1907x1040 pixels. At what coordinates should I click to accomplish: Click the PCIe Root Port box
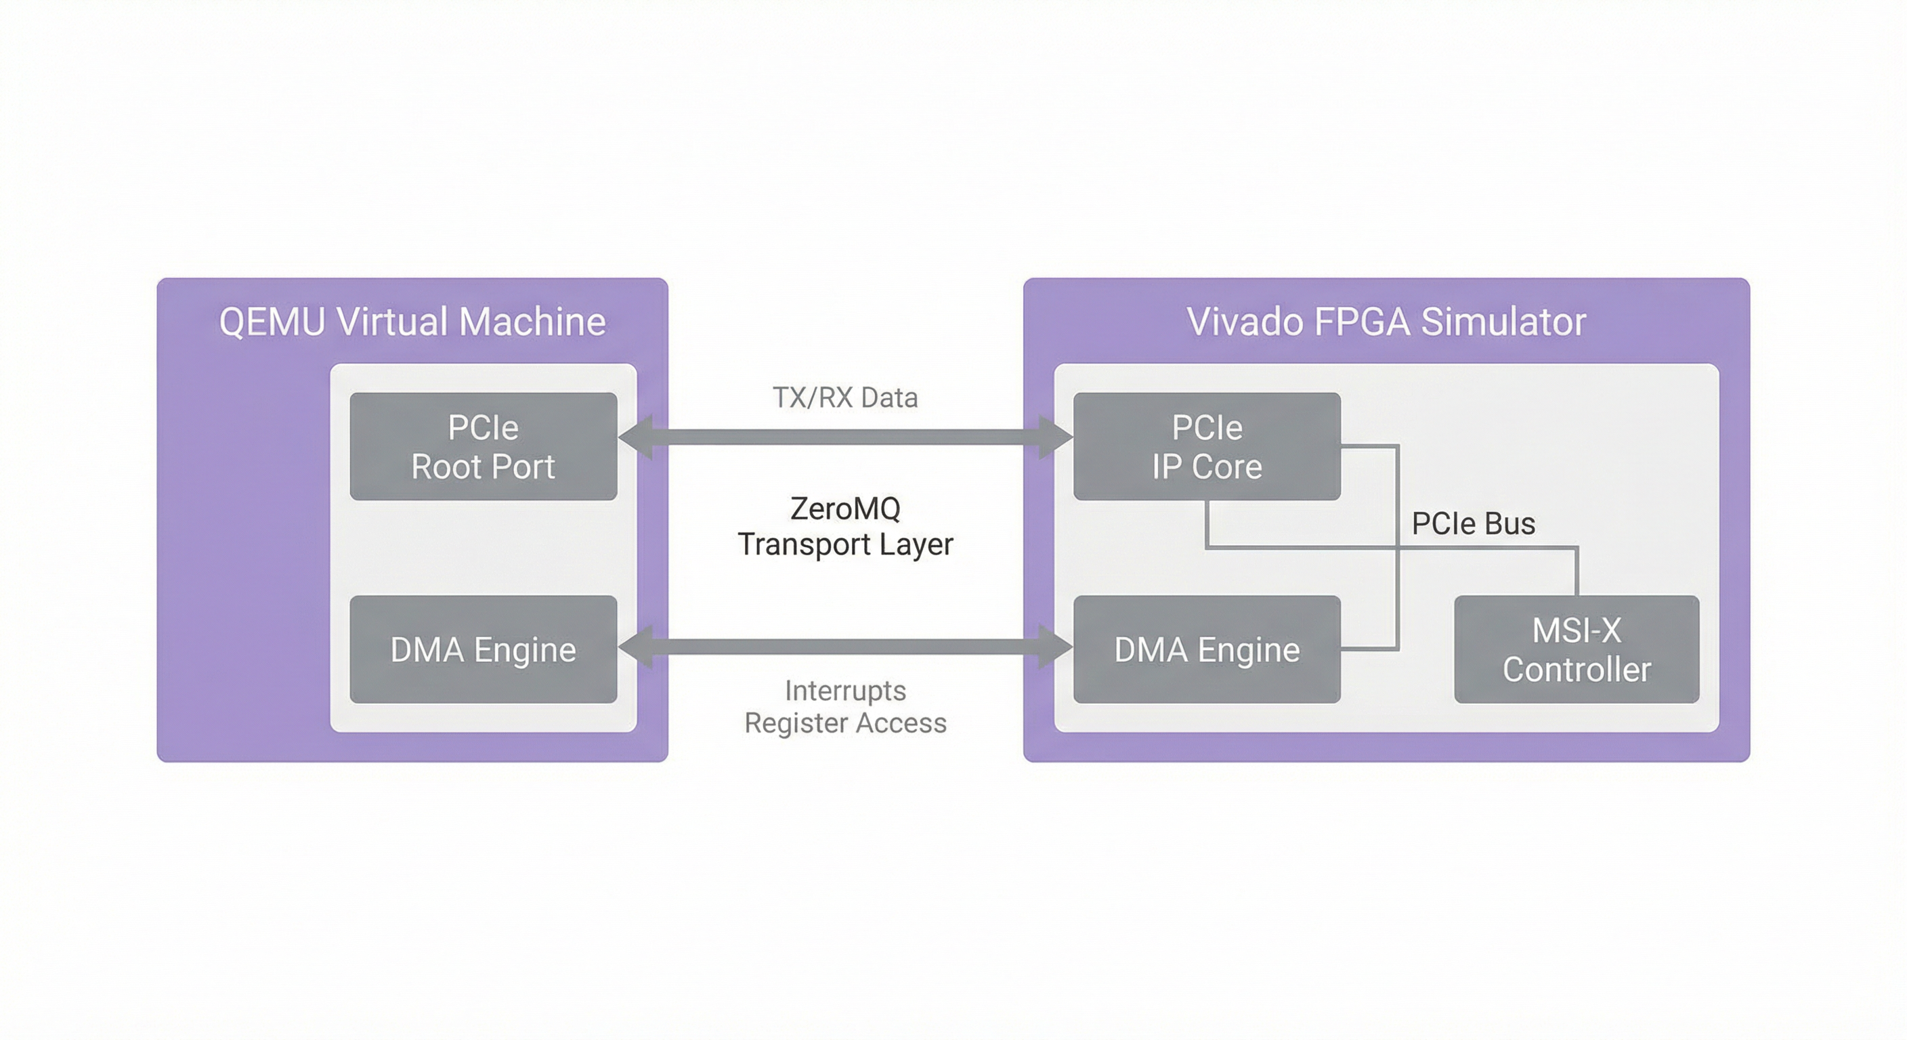pos(483,446)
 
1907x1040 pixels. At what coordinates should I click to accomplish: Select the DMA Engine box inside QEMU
pos(483,649)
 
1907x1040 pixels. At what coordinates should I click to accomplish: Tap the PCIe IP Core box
pos(1207,446)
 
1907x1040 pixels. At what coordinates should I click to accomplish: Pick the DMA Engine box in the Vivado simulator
pos(1207,649)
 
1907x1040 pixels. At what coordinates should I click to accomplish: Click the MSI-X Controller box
pos(1576,649)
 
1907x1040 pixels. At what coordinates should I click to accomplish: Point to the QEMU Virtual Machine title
pos(412,322)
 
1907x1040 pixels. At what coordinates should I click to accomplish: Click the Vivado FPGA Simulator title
pos(1386,322)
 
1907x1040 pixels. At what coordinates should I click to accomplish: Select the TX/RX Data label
pos(845,398)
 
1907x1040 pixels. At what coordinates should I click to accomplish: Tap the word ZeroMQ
pos(845,508)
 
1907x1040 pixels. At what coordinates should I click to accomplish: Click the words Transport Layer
pos(845,545)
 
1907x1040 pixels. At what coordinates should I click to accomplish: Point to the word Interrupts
pos(845,691)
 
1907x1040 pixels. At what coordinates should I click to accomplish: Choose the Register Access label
pos(845,723)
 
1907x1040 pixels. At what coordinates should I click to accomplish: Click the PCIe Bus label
pos(1473,524)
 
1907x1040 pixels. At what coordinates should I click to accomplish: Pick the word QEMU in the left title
pos(272,322)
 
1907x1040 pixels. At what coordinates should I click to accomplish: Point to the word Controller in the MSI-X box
pos(1576,670)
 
